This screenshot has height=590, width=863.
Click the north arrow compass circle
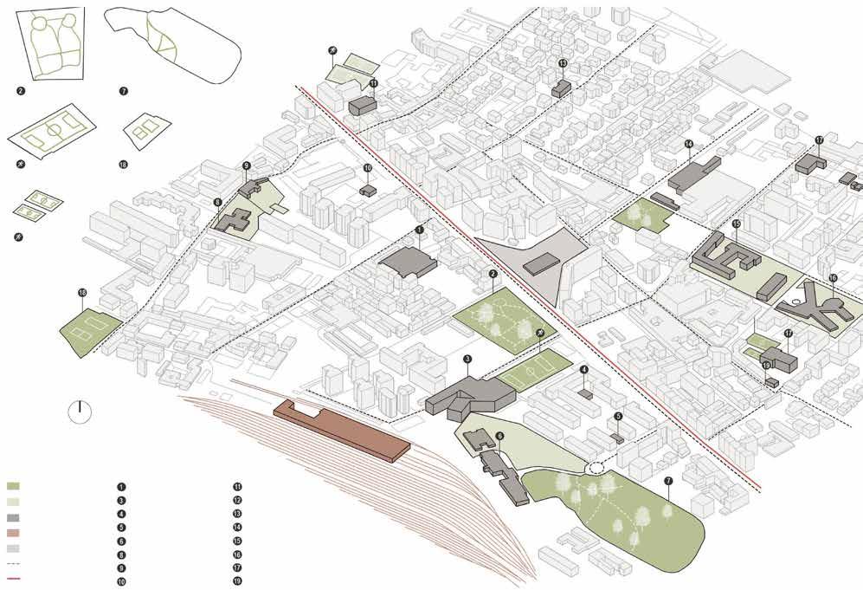pos(79,412)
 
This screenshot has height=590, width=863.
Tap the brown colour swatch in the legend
pos(12,532)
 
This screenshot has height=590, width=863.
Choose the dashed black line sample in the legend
pos(12,564)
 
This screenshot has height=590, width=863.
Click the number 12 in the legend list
pos(236,501)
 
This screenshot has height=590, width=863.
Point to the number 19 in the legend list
pos(236,580)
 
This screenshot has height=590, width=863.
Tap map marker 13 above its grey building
pos(562,63)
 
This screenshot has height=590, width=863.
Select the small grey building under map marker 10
pos(368,190)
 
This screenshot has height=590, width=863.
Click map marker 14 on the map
pos(689,144)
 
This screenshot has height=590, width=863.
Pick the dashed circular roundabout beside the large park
pos(597,469)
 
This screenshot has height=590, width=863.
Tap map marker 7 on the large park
pos(668,482)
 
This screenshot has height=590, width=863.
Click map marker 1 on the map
pos(420,230)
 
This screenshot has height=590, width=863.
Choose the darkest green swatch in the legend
pos(12,485)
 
